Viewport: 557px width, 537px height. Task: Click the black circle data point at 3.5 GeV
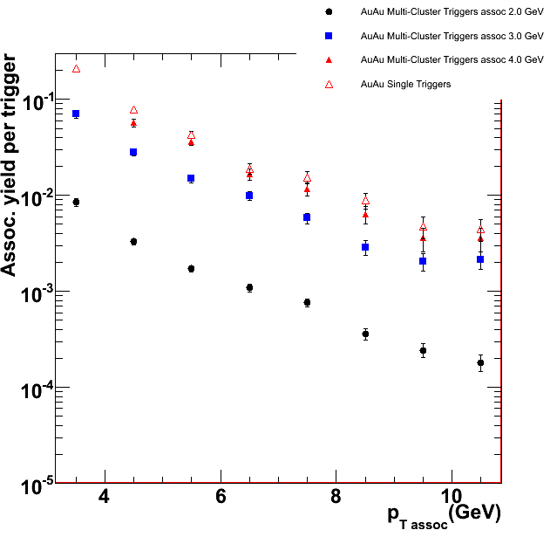[76, 202]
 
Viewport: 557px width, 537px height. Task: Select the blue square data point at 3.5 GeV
[76, 114]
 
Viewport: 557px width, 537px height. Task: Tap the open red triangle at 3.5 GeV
[76, 68]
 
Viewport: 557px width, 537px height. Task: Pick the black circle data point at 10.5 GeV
[480, 362]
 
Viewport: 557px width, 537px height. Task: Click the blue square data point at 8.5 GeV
[365, 247]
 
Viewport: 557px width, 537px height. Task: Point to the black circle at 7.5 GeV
[307, 302]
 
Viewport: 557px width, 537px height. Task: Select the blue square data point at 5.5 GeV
[191, 178]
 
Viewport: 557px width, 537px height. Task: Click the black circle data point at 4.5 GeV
[133, 241]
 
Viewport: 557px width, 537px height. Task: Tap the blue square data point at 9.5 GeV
[423, 261]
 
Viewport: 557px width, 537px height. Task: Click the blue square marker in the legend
[329, 36]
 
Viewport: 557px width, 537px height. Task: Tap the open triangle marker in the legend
[329, 84]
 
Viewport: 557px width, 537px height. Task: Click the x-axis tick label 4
[105, 495]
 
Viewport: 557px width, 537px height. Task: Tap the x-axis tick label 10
[451, 495]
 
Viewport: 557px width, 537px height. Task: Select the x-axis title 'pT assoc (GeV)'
[445, 515]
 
